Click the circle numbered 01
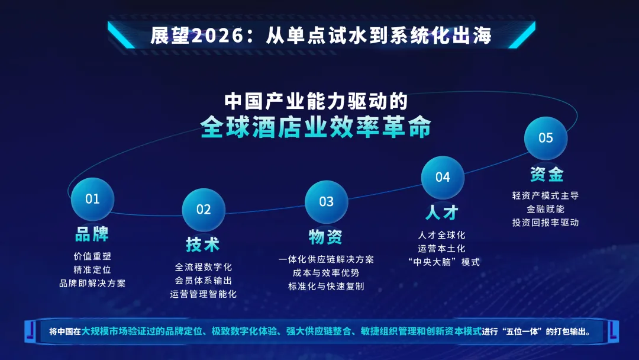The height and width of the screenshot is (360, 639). pyautogui.click(x=92, y=199)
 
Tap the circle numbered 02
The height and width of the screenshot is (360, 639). pyautogui.click(x=204, y=210)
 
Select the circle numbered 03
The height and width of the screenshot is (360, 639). pyautogui.click(x=327, y=202)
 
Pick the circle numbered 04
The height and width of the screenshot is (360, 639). pyautogui.click(x=443, y=177)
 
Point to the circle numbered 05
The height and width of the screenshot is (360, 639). pyautogui.click(x=546, y=138)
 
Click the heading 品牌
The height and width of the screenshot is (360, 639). pyautogui.click(x=92, y=234)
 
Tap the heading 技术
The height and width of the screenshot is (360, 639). pyautogui.click(x=203, y=244)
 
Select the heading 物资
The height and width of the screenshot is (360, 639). pyautogui.click(x=326, y=237)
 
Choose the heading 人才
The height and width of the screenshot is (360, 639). pyautogui.click(x=442, y=212)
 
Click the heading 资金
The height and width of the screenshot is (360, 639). pyautogui.click(x=546, y=174)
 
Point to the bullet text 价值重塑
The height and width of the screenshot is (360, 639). pyautogui.click(x=92, y=256)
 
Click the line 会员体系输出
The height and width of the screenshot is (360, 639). pyautogui.click(x=203, y=280)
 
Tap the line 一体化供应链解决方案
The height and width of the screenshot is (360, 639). pyautogui.click(x=326, y=259)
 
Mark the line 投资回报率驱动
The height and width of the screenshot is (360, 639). pyautogui.click(x=546, y=223)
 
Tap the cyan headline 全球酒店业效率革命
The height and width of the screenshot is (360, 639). pyautogui.click(x=315, y=127)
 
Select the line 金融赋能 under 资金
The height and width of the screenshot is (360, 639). pyautogui.click(x=546, y=209)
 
